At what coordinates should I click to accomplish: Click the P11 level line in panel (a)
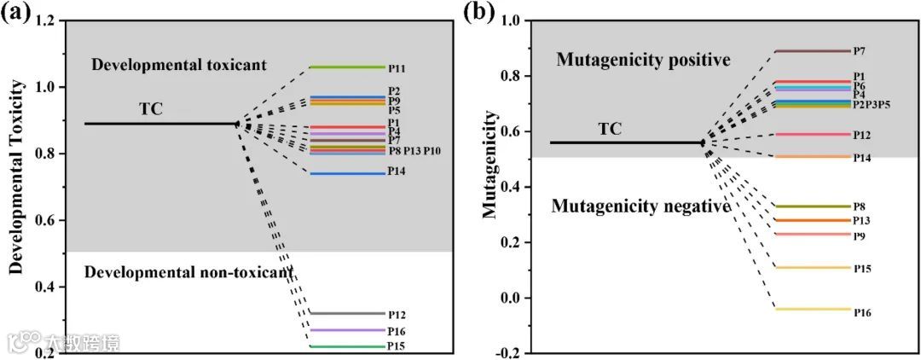(x=346, y=67)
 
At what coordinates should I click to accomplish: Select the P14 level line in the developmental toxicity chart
(x=346, y=174)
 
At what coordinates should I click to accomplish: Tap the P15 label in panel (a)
(x=396, y=346)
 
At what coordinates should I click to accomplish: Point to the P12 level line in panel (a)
(x=346, y=314)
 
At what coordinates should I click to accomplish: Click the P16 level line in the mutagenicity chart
(x=814, y=310)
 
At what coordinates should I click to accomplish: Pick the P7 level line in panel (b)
(x=814, y=51)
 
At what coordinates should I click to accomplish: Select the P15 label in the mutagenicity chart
(x=862, y=269)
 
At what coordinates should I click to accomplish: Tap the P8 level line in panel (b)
(x=814, y=206)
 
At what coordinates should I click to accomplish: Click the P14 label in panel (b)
(x=862, y=158)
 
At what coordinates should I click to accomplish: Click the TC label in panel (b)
(x=609, y=130)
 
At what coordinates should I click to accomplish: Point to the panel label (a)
(x=16, y=13)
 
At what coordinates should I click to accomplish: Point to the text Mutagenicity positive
(x=643, y=61)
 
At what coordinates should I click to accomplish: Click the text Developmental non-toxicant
(x=188, y=272)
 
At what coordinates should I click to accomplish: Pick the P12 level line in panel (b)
(x=814, y=135)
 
